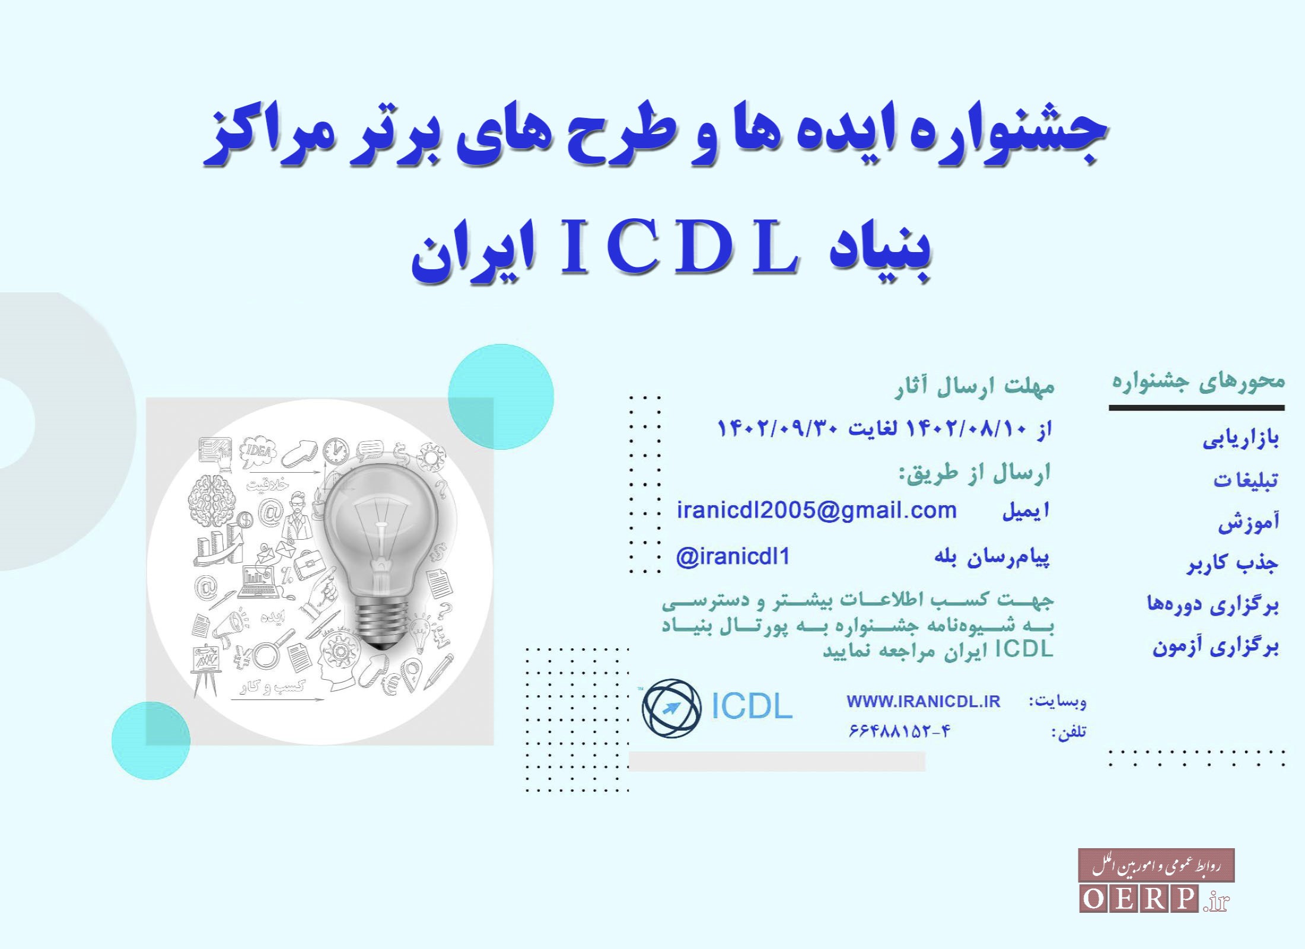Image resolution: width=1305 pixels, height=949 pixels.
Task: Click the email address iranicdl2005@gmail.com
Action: pos(817,511)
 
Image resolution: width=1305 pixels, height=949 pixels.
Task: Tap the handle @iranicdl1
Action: pos(733,557)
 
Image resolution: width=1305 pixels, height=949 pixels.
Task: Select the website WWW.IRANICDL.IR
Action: pos(923,702)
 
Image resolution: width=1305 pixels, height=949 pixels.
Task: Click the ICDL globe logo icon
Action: pos(671,708)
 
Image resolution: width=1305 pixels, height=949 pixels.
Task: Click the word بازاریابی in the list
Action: pos(1240,440)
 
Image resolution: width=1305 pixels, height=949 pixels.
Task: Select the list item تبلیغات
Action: pos(1245,479)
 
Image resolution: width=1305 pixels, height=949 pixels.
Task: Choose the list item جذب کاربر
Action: pos(1233,563)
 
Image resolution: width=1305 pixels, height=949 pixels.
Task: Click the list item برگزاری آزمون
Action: pos(1215,646)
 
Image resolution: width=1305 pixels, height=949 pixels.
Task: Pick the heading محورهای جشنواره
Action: pos(1198,381)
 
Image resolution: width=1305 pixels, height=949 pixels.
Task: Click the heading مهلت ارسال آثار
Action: pos(975,387)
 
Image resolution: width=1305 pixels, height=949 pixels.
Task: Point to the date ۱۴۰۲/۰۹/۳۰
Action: pos(777,428)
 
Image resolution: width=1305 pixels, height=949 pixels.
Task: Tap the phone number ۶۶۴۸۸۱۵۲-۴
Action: pos(899,731)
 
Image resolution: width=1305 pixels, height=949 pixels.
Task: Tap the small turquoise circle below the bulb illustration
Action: pos(151,740)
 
